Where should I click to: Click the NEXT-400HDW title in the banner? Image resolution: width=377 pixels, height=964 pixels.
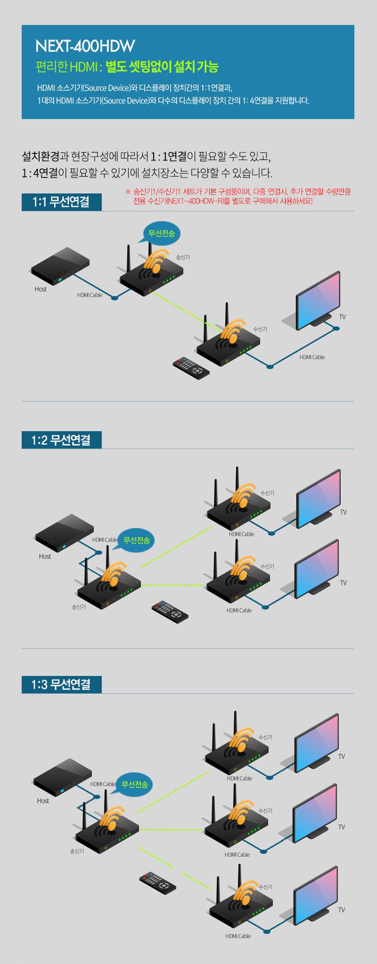(x=85, y=46)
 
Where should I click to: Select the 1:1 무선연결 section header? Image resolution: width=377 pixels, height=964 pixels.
(x=61, y=202)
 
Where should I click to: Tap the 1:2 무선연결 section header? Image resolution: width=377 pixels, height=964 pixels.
(x=61, y=440)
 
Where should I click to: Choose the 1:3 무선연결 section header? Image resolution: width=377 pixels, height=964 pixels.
(x=61, y=684)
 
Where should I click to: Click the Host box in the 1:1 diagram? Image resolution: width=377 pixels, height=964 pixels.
(x=60, y=267)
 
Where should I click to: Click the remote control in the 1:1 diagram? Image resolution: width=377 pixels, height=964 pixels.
(x=191, y=368)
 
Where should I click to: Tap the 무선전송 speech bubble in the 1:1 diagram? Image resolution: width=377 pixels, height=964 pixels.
(x=161, y=233)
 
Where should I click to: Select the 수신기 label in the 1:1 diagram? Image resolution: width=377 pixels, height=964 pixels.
(x=260, y=329)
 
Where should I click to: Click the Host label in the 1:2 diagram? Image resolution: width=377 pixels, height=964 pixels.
(x=45, y=556)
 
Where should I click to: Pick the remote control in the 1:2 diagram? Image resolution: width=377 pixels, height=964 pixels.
(x=170, y=611)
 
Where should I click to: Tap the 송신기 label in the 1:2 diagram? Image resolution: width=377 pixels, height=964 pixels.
(x=79, y=607)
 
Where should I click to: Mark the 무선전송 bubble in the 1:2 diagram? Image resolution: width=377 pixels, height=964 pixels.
(x=136, y=540)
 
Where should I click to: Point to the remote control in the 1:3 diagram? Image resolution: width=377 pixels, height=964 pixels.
(x=158, y=883)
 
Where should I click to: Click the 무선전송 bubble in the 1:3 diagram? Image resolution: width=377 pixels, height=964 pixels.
(x=134, y=784)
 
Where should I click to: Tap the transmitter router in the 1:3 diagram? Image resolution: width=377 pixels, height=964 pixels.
(x=107, y=830)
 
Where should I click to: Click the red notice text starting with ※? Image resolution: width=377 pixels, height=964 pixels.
(x=238, y=196)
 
